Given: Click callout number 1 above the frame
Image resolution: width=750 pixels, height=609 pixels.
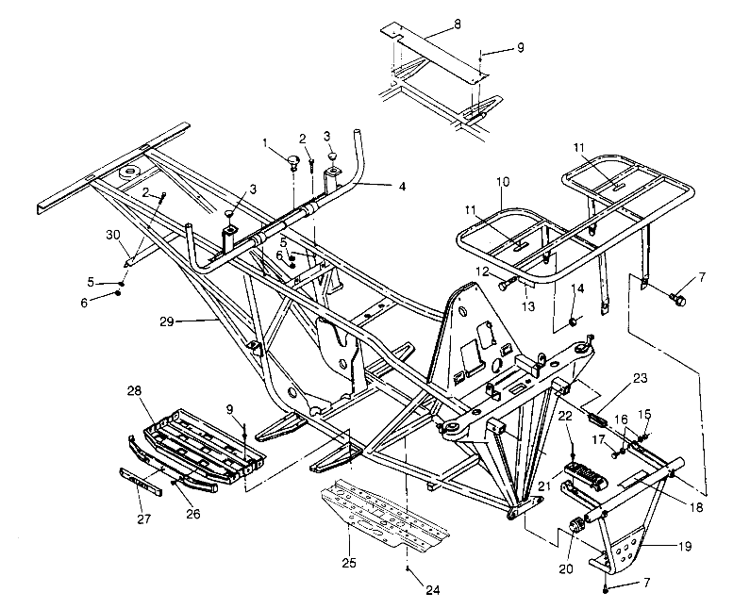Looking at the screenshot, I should [267, 143].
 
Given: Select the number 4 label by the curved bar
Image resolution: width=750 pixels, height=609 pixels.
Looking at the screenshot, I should [402, 186].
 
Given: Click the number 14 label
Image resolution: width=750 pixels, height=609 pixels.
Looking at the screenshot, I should [578, 288].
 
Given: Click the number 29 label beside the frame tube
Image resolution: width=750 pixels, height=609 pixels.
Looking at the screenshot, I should [167, 322].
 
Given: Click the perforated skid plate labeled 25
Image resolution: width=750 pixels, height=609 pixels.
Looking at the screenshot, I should [387, 514].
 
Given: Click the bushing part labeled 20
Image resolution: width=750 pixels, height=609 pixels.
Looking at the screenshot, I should [575, 524].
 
